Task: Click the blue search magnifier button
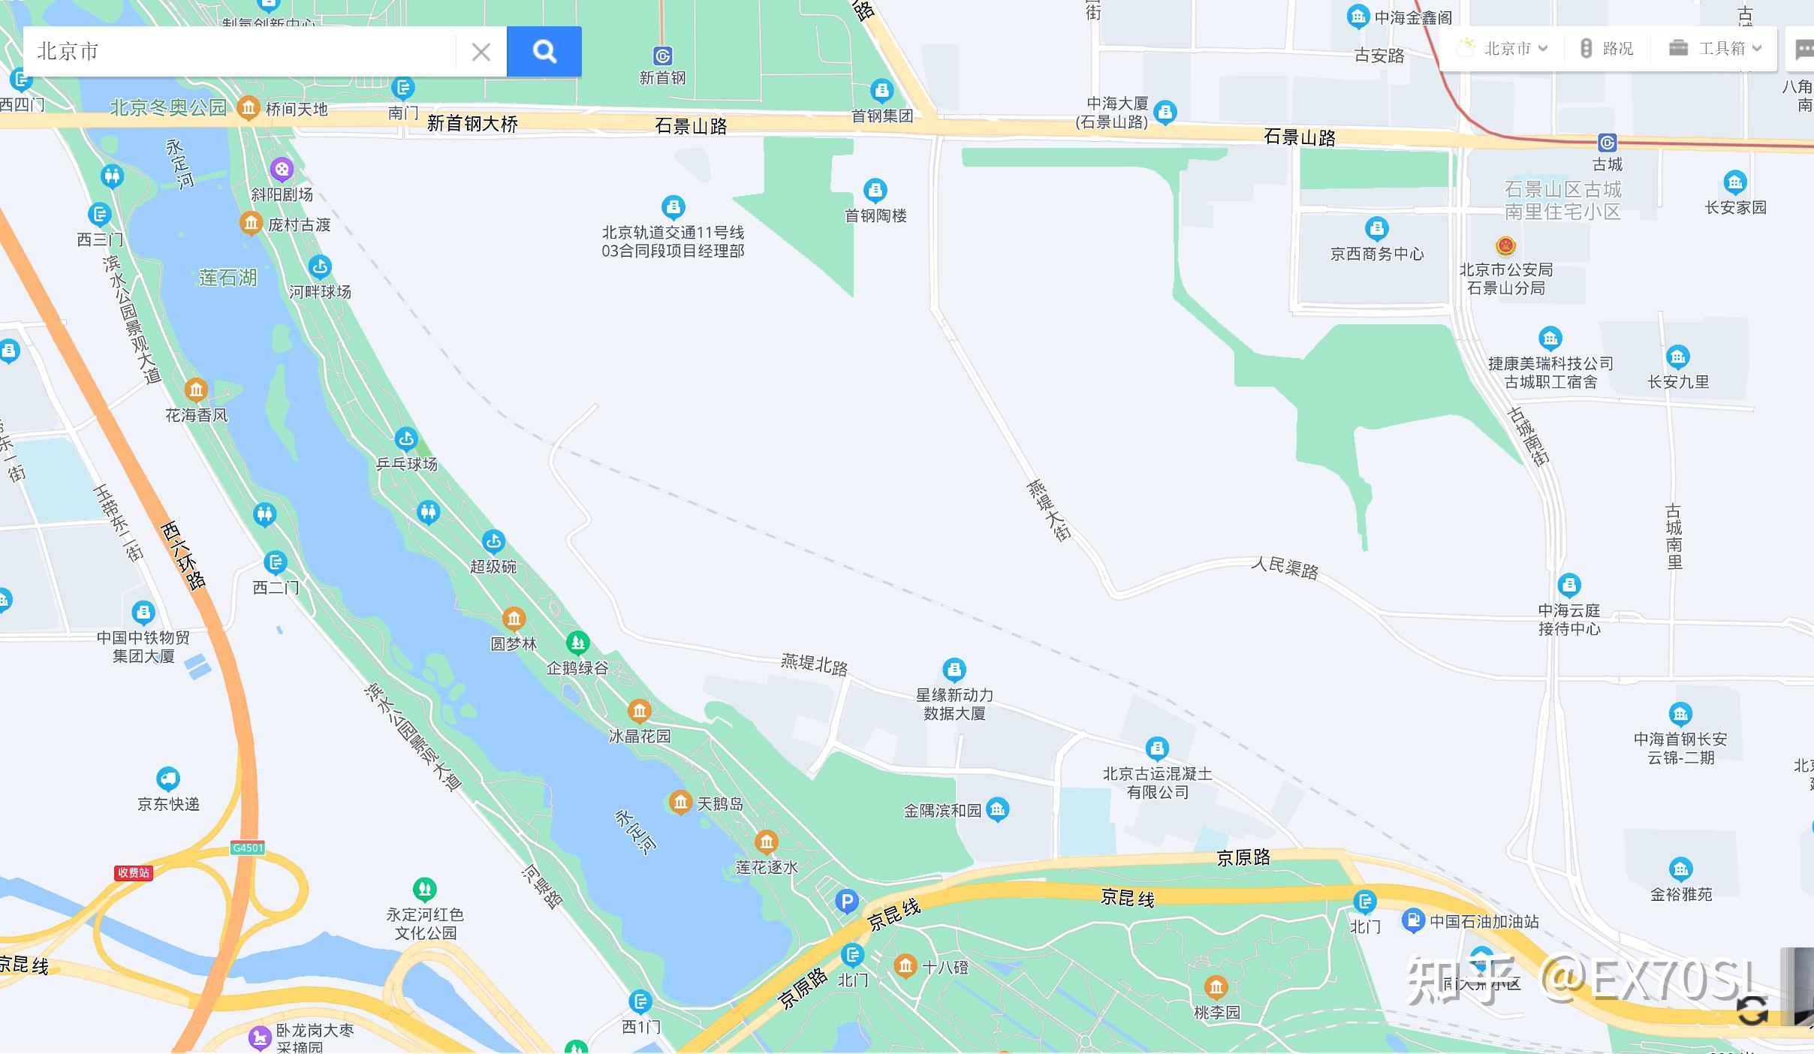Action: [544, 51]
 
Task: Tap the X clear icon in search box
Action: [481, 52]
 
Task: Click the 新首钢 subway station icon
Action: [662, 56]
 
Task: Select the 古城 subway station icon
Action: [1607, 143]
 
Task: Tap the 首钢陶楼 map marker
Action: [875, 190]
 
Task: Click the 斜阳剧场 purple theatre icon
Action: [282, 170]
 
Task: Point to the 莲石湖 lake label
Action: [228, 278]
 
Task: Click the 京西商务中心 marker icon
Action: [1376, 228]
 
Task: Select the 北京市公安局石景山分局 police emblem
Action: [1505, 245]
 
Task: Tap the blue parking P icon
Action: [846, 901]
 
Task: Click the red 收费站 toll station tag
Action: [134, 872]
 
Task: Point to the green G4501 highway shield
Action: [248, 848]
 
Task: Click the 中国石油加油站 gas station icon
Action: [1413, 920]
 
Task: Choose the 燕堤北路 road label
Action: [814, 664]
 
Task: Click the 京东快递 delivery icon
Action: [167, 778]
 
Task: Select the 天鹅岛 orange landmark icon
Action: [680, 802]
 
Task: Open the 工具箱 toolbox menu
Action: [1715, 49]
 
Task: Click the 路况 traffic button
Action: [1607, 49]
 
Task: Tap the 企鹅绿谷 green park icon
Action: [577, 643]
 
